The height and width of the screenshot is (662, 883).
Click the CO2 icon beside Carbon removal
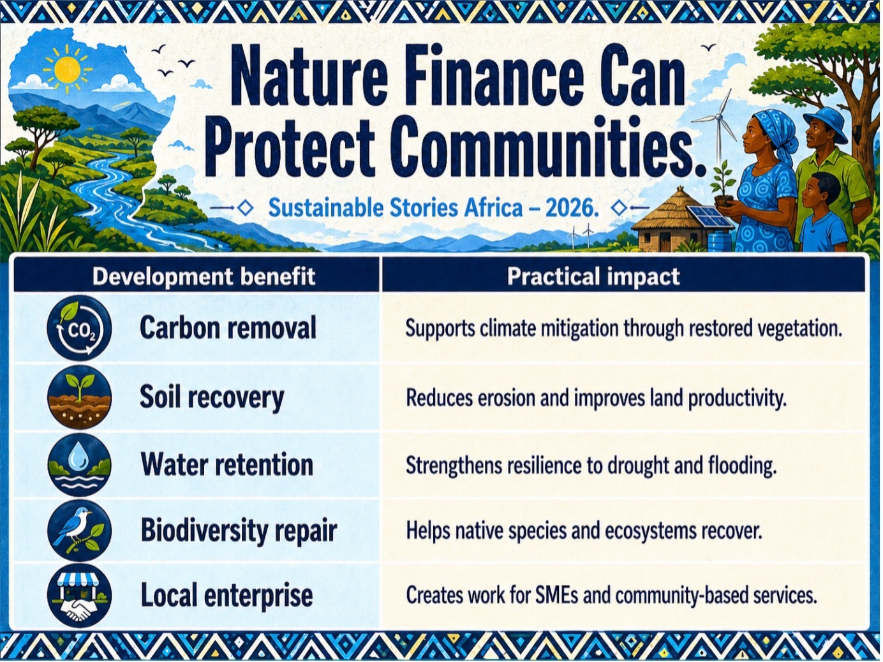(x=79, y=328)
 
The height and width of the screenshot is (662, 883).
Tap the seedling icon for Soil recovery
(x=79, y=397)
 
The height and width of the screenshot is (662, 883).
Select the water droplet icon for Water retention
(x=79, y=465)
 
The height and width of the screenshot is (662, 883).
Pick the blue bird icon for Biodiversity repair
(x=79, y=531)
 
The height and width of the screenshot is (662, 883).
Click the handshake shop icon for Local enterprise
(x=79, y=596)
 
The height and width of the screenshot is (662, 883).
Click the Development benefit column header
(x=204, y=277)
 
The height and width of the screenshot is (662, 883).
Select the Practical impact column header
(x=593, y=277)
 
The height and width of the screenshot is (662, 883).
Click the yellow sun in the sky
(x=67, y=68)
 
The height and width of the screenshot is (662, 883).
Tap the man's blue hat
(x=825, y=123)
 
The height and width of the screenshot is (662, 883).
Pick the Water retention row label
(x=227, y=465)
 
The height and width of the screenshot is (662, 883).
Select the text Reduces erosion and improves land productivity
(x=596, y=399)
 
